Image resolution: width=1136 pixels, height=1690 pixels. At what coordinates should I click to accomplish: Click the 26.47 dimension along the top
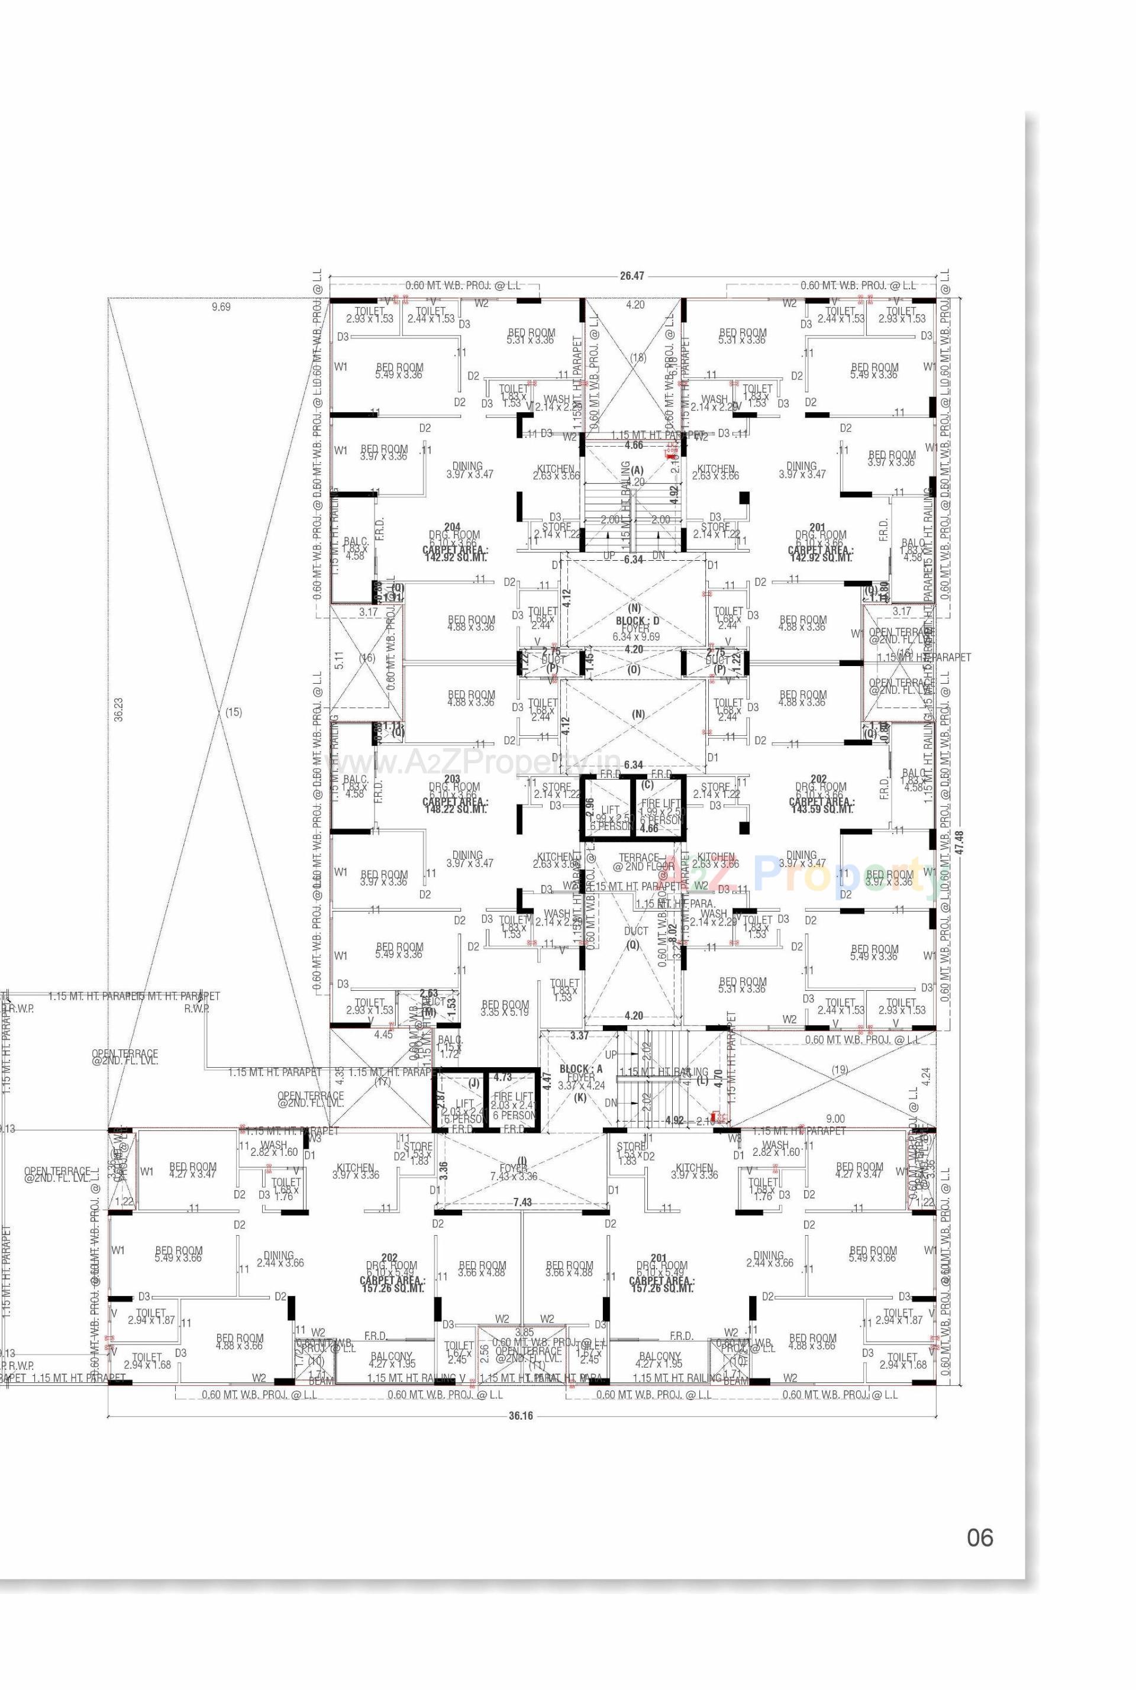[x=632, y=276]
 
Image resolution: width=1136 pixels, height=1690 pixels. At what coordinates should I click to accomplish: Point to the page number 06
[x=980, y=1537]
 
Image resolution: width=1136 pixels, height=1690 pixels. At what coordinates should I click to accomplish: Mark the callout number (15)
[x=233, y=712]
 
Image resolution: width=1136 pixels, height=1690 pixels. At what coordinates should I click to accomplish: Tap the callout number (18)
[x=638, y=357]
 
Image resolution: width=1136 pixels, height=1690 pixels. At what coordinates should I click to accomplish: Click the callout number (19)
[x=839, y=1069]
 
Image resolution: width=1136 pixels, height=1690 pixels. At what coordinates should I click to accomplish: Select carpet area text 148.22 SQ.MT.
[x=455, y=809]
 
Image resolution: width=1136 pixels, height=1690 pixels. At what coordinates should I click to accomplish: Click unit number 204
[x=453, y=526]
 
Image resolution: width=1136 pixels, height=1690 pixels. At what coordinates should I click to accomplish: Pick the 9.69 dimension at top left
[x=220, y=306]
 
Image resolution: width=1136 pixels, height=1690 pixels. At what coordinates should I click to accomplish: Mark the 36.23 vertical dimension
[x=119, y=710]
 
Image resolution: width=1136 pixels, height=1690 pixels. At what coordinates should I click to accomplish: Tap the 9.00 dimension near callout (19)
[x=835, y=1119]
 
